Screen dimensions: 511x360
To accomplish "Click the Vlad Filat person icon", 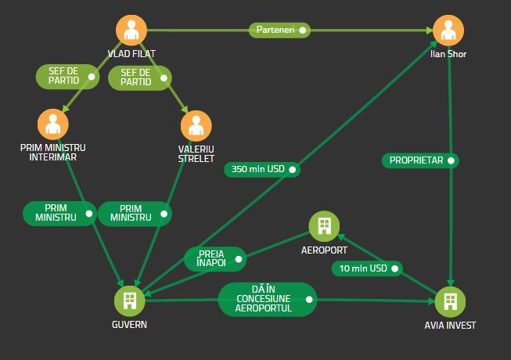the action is tap(131, 31).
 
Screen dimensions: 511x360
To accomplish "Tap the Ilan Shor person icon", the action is tap(448, 31).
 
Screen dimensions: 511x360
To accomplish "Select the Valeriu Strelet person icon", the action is tap(196, 126).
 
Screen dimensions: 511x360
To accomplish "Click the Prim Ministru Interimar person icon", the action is tap(53, 124).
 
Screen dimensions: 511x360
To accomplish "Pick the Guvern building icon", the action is tap(130, 301).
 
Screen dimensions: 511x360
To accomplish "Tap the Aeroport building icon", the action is tap(324, 226).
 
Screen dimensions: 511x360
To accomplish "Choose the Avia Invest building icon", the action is tap(450, 301).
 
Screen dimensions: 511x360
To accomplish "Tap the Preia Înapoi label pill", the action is tap(215, 259).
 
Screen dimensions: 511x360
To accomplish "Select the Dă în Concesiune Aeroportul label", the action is tap(268, 299).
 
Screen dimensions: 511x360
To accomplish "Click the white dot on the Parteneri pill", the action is tap(302, 31).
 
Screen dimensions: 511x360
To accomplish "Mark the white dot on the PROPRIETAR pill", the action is tap(451, 160).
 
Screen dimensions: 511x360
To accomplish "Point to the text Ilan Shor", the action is tap(448, 54).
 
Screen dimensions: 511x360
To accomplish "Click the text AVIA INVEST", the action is tap(450, 325).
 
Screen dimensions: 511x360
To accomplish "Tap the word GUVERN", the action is tap(129, 325).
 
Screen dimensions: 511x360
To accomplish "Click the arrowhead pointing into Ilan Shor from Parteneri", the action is tap(429, 31).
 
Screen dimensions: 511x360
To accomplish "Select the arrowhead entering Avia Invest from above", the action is tap(451, 283).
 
